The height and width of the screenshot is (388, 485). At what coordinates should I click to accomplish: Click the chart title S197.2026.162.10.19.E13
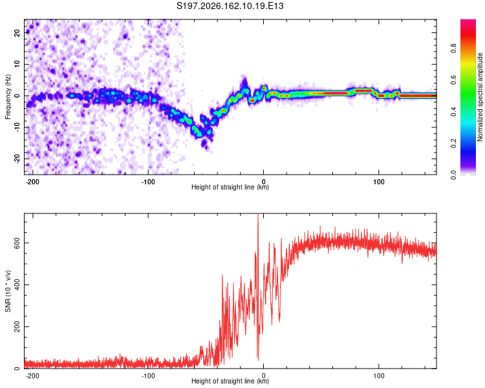point(230,6)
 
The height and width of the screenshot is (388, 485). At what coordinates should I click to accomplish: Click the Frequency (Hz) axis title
point(8,96)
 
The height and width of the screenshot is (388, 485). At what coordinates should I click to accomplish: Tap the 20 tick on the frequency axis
point(17,32)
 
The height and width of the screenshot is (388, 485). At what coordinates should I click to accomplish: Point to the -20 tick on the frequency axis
point(17,158)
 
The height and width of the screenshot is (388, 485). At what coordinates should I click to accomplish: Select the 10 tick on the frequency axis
point(17,64)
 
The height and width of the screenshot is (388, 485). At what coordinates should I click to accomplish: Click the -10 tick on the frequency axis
point(17,127)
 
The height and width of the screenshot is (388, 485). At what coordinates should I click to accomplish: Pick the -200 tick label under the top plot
point(32,182)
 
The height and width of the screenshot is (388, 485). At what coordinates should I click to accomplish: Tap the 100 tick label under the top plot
point(378,182)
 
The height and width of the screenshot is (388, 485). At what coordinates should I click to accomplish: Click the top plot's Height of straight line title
point(230,187)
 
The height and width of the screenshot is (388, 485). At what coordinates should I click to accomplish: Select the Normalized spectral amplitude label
point(480,97)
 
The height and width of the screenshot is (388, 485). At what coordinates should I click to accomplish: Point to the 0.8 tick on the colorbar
point(453,48)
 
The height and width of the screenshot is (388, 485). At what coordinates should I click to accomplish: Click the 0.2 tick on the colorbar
point(453,144)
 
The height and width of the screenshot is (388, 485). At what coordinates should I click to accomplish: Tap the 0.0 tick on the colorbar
point(453,175)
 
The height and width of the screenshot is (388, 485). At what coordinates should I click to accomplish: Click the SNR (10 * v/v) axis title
point(8,291)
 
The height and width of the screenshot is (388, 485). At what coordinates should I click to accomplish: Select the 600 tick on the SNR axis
point(17,243)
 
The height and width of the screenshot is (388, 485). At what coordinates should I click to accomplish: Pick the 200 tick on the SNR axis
point(17,327)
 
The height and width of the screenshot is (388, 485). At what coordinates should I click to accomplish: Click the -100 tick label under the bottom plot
point(148,376)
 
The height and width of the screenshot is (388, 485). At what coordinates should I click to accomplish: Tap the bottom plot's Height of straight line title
point(230,381)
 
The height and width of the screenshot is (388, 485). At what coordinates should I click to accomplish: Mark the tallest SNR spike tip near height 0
point(258,214)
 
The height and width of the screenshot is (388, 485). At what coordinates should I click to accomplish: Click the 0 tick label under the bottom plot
point(264,376)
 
